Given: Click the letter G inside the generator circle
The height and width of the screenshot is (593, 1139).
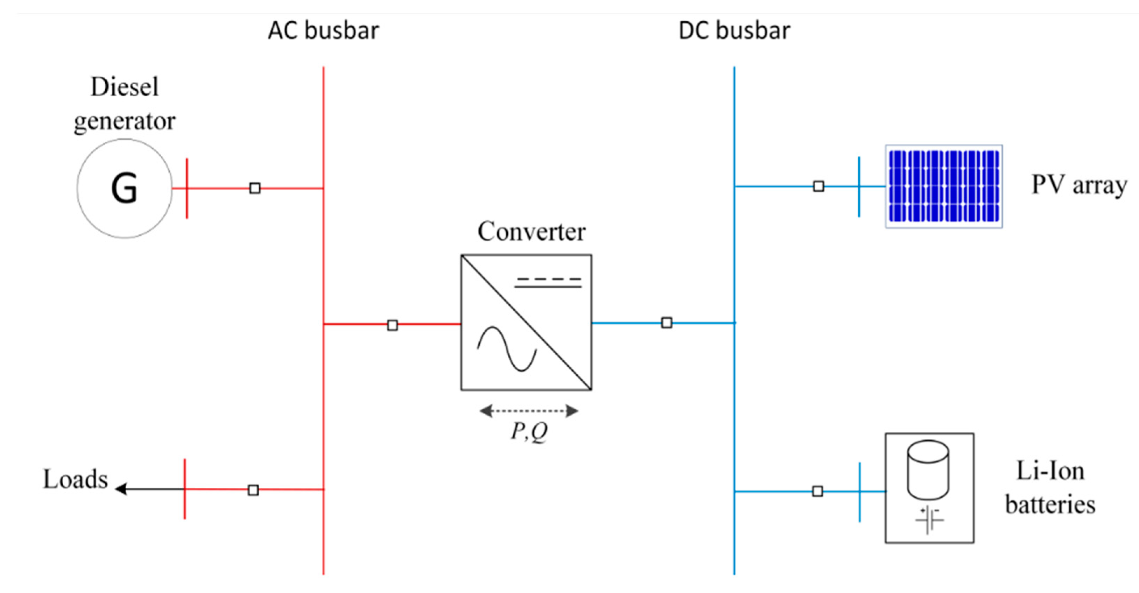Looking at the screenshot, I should point(124,188).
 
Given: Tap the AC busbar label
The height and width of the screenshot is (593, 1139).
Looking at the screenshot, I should point(323,31).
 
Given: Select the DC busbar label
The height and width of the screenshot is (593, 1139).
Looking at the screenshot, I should point(734,31).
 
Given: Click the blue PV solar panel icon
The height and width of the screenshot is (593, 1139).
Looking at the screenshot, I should point(943,186).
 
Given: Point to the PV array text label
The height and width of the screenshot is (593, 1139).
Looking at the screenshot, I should point(1079,185).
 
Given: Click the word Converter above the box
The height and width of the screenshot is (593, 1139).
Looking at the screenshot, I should point(532,231).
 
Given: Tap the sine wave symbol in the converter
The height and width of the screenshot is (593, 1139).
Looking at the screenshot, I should point(507,349).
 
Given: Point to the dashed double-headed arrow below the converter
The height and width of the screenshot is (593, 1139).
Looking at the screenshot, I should point(529,411).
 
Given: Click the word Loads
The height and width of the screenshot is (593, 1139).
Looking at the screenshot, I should point(75,479).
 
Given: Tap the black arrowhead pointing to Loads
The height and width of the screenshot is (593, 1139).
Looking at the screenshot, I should point(121,489).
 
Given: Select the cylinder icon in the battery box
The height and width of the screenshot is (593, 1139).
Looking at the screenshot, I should point(928,470).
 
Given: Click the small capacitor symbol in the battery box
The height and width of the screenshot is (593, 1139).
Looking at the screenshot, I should point(929,520).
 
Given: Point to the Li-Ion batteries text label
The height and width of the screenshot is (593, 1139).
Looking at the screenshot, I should point(1050,488).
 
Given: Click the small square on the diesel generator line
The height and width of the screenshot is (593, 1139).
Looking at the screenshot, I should point(255,188).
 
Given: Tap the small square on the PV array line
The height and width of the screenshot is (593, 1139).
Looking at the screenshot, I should point(818,186).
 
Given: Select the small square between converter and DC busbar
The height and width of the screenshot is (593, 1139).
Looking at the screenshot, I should point(667,323).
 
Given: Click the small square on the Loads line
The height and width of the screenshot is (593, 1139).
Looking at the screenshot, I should point(253,490).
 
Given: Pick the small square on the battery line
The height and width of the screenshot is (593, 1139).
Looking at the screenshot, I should point(817,491).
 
